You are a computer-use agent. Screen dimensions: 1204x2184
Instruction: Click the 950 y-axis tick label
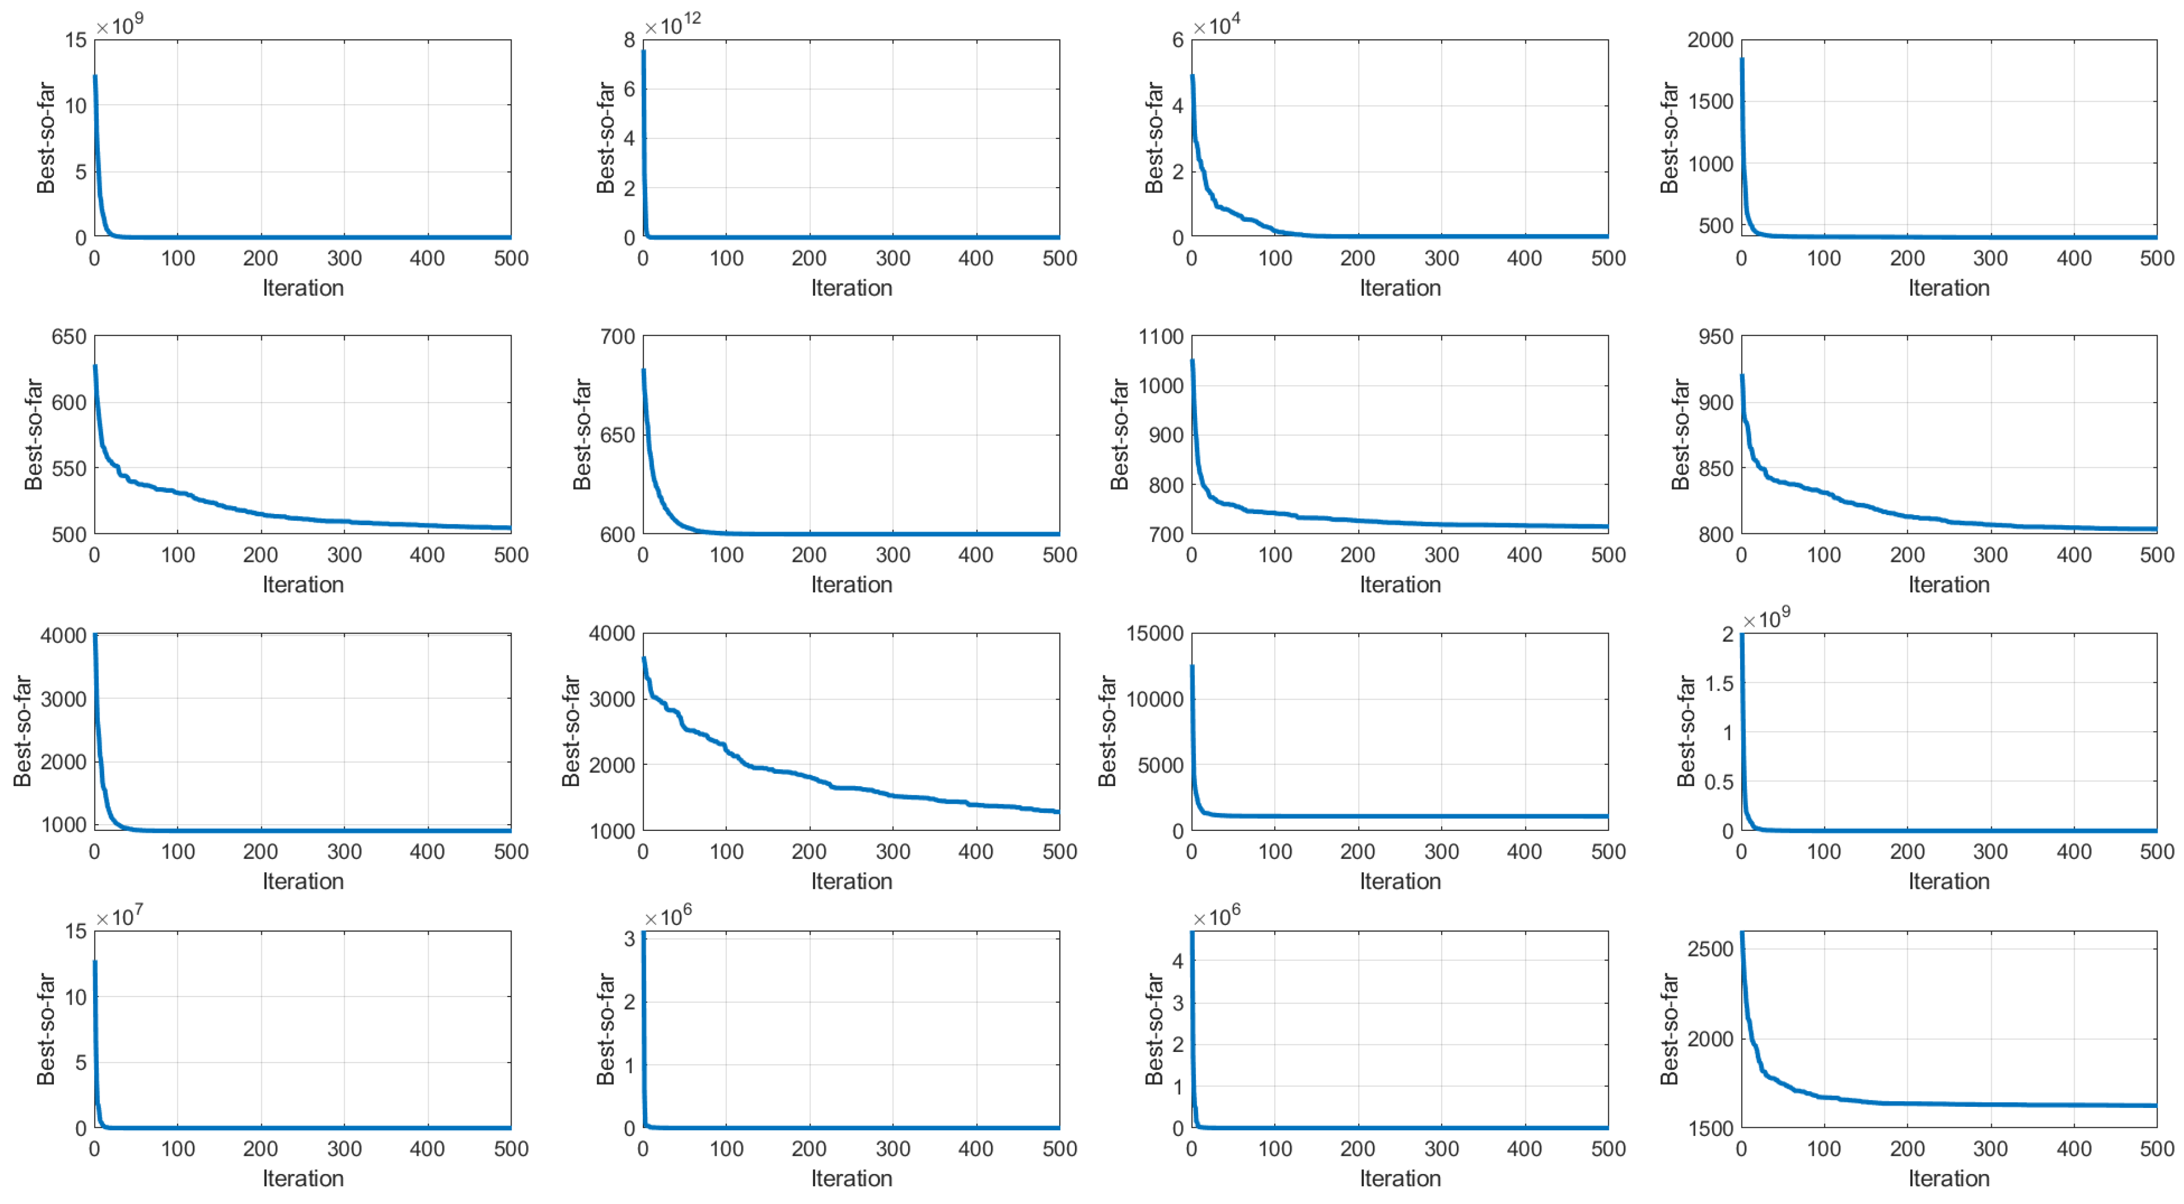pyautogui.click(x=1715, y=337)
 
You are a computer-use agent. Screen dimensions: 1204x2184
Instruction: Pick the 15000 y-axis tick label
pyautogui.click(x=1154, y=634)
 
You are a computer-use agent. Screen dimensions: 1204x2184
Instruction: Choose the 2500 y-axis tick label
pyautogui.click(x=1709, y=949)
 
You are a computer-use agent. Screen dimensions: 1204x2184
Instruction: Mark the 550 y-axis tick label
pyautogui.click(x=69, y=468)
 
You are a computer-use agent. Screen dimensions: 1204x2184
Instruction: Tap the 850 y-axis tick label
pyautogui.click(x=1715, y=468)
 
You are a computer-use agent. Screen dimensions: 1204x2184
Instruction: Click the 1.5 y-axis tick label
pyautogui.click(x=1719, y=683)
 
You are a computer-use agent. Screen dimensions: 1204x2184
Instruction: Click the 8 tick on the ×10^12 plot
pyautogui.click(x=629, y=40)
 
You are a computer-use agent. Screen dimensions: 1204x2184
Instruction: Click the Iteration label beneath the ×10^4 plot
pyautogui.click(x=1400, y=288)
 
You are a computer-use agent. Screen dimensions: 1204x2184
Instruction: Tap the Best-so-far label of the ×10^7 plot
pyautogui.click(x=46, y=1029)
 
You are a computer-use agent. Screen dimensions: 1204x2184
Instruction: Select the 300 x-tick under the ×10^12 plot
pyautogui.click(x=892, y=259)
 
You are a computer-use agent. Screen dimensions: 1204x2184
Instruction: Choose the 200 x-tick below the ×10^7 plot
pyautogui.click(x=260, y=1149)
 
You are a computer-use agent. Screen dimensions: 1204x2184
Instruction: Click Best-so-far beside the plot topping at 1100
pyautogui.click(x=1119, y=434)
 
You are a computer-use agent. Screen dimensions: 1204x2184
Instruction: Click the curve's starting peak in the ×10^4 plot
pyautogui.click(x=1193, y=76)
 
